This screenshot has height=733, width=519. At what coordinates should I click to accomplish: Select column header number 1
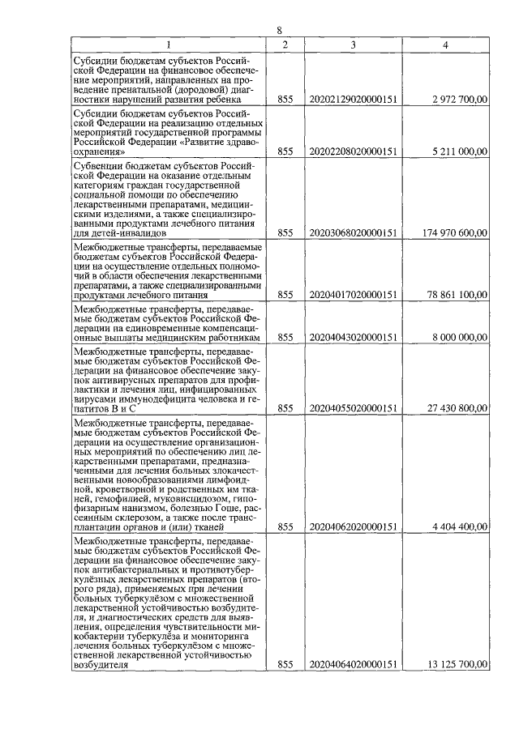tap(169, 45)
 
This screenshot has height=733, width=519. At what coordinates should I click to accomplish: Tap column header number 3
tap(353, 45)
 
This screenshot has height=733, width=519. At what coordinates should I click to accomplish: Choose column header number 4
tap(446, 45)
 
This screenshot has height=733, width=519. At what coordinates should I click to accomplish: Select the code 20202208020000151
tap(353, 151)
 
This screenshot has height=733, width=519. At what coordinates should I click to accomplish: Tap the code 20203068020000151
tap(353, 232)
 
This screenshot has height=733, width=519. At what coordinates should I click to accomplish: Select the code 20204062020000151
tap(353, 526)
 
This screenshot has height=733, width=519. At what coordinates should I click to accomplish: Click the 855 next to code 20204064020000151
tap(285, 665)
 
